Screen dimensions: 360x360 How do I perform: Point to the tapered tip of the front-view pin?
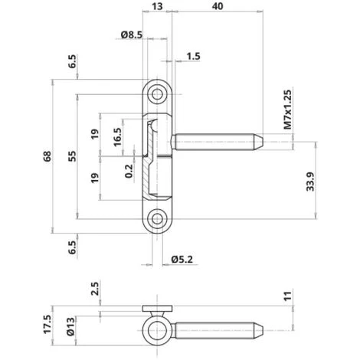(260, 142)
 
